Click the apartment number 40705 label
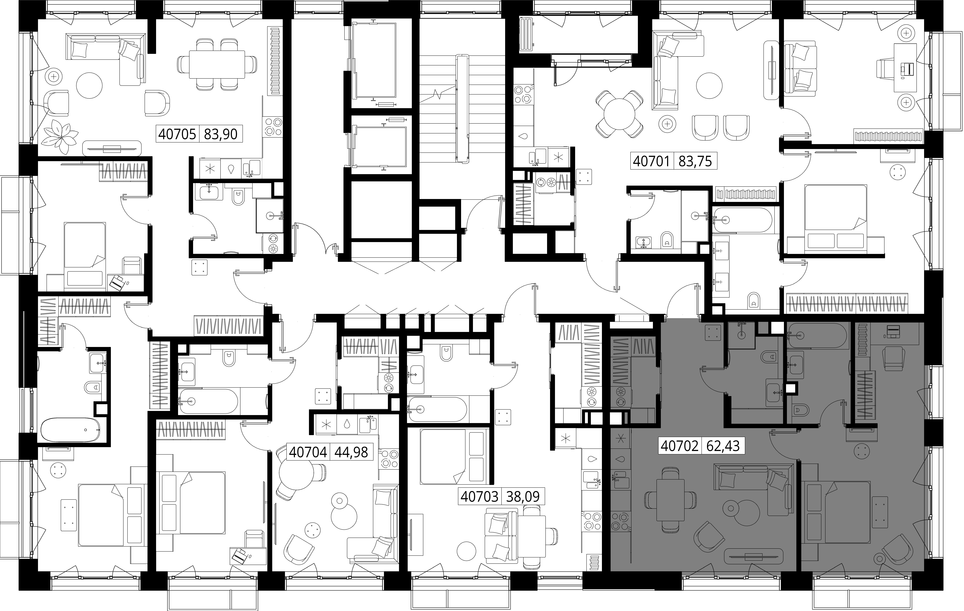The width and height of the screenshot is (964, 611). [x=177, y=134]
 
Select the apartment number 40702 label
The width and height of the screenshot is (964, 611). [x=679, y=445]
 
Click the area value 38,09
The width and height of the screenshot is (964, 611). [x=523, y=497]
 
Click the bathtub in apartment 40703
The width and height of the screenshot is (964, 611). [x=438, y=409]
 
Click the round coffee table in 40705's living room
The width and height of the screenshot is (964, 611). [x=90, y=85]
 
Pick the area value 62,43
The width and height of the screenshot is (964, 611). [x=723, y=445]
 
